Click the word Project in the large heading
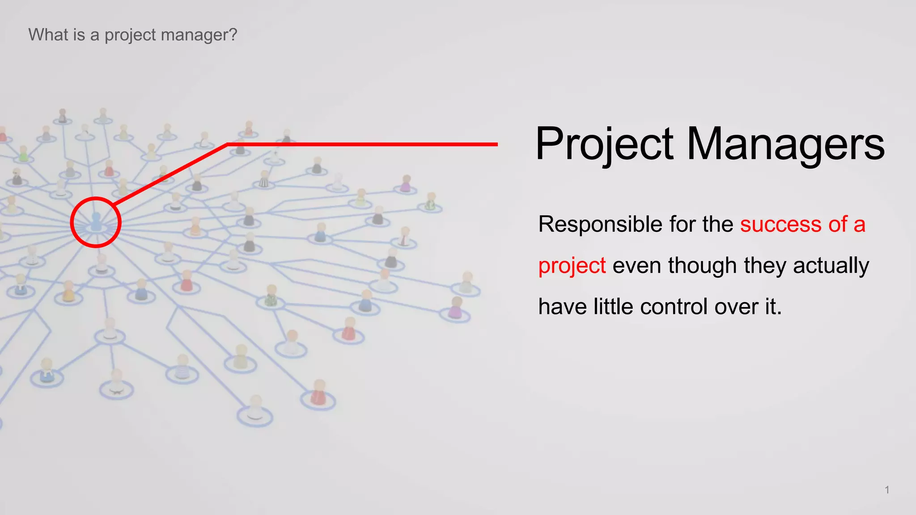coord(604,144)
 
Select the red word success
coord(780,224)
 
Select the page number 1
coord(887,490)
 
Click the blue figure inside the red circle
coord(96,222)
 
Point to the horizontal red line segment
coord(362,144)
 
